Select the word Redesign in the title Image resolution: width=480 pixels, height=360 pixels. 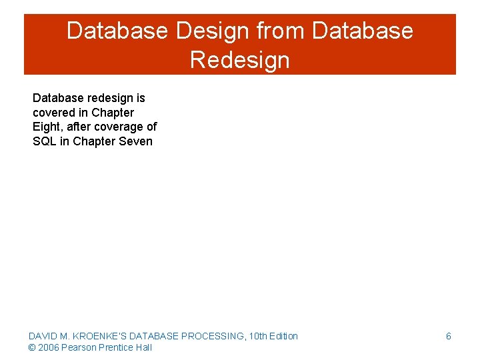click(x=239, y=60)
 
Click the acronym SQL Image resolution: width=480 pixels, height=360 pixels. click(x=45, y=141)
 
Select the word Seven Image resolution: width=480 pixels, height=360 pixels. click(x=135, y=141)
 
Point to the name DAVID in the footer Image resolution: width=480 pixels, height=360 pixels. click(x=43, y=336)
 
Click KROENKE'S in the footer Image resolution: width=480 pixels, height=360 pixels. click(x=100, y=336)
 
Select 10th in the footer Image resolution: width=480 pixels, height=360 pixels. click(x=258, y=336)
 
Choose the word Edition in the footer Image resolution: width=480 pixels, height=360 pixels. click(x=283, y=336)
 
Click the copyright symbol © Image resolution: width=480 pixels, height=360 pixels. click(x=32, y=347)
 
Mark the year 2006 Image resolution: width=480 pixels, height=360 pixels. click(x=48, y=347)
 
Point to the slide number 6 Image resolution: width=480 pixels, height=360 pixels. click(x=448, y=336)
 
